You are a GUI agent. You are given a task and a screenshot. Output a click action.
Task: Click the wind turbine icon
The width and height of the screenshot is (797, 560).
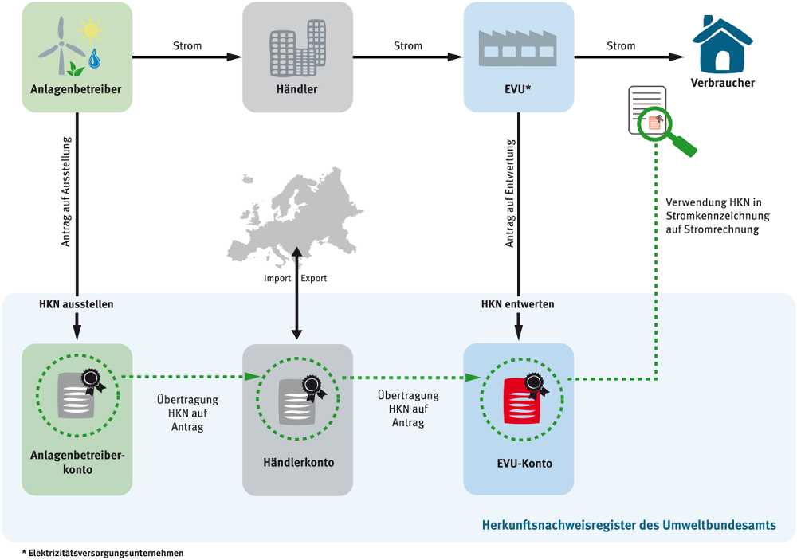point(61,45)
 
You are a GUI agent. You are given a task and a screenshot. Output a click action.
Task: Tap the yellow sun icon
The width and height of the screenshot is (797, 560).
point(91,30)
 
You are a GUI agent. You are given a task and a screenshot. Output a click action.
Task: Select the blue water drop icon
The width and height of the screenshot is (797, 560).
point(95,58)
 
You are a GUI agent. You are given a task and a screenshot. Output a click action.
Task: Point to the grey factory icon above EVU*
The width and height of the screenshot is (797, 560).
point(517,48)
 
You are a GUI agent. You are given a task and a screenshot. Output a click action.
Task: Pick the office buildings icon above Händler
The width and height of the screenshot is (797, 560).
point(297,48)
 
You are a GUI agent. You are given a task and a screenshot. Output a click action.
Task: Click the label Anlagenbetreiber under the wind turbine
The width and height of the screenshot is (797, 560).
point(76,89)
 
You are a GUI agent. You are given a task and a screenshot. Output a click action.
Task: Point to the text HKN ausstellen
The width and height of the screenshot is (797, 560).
point(77,304)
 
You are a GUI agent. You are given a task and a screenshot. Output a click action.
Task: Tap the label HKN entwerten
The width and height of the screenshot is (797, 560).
point(518,304)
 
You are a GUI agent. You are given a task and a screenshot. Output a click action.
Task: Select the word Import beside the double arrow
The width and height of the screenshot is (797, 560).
point(277,279)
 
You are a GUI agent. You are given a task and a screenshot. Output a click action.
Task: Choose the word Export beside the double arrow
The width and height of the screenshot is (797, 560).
point(313,279)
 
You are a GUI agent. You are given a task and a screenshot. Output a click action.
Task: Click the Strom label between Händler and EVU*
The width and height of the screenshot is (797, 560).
point(408,45)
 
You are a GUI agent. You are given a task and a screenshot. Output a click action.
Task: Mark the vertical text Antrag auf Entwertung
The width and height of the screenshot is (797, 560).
point(510,194)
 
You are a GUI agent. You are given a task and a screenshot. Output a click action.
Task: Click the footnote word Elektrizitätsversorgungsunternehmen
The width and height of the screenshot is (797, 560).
point(106,553)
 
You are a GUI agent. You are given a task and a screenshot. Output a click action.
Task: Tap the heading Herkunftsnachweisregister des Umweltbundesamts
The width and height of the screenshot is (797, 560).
point(629,525)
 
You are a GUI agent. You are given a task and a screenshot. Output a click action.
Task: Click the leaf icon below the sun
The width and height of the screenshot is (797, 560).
point(76,69)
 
